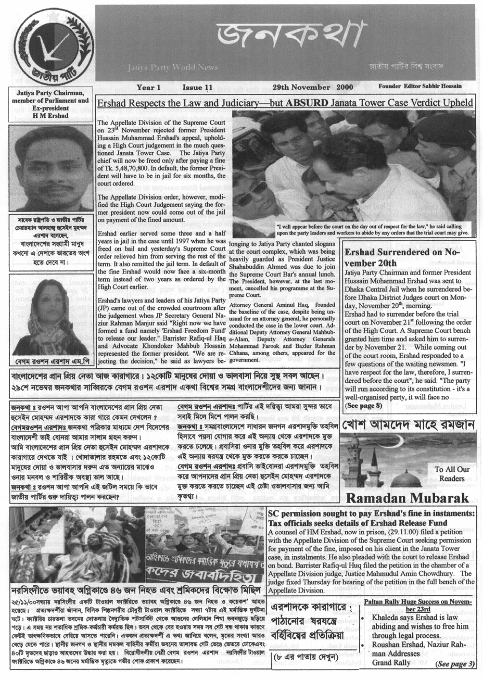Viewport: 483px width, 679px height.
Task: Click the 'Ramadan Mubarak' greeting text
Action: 408,498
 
